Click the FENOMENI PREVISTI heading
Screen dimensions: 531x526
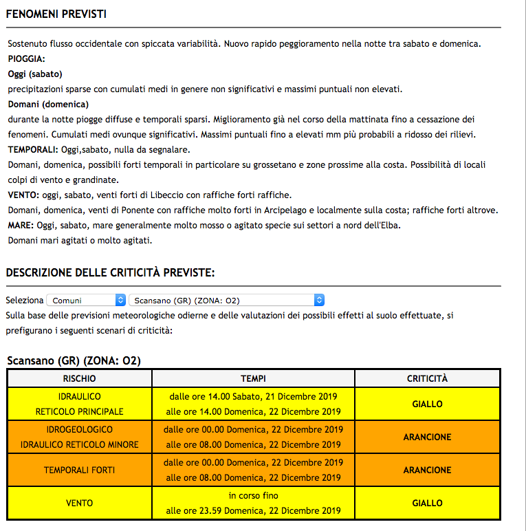56,14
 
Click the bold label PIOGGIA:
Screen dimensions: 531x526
26,59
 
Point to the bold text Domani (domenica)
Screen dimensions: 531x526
48,105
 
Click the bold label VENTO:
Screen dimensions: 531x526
23,195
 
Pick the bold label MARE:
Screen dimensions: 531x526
21,225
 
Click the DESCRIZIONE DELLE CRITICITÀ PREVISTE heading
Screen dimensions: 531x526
110,273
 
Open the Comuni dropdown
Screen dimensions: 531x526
87,300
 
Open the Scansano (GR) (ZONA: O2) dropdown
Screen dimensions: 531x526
226,300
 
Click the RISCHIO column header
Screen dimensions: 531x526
79,379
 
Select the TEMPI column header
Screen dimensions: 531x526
253,379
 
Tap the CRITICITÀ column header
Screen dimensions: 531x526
427,379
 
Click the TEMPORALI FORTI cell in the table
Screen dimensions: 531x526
80,470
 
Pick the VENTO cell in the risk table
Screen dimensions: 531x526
80,503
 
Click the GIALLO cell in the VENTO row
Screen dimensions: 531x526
427,503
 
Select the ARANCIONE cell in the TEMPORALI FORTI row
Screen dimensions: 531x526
427,470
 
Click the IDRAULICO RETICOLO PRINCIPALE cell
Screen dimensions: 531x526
80,404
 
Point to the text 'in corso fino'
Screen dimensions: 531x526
253,495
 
